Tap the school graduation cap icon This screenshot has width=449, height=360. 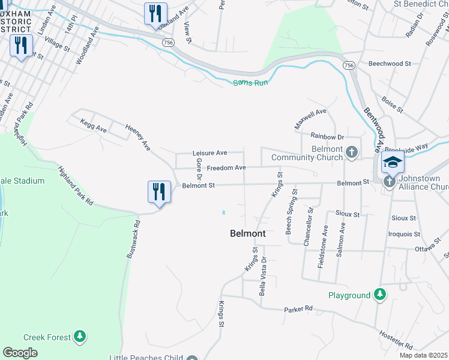click(x=393, y=163)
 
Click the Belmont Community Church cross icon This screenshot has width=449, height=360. click(x=352, y=153)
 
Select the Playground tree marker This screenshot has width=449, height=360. click(x=379, y=295)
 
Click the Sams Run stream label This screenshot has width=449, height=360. click(x=250, y=82)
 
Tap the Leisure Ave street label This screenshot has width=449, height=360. click(x=209, y=154)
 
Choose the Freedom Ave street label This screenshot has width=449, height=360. click(x=226, y=168)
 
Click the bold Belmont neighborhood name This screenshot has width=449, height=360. click(x=247, y=234)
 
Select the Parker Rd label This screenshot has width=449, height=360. click(x=299, y=309)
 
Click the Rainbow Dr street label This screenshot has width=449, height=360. click(x=327, y=137)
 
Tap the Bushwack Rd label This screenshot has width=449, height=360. click(x=133, y=239)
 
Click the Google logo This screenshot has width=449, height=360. click(x=20, y=353)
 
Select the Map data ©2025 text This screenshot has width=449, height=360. click(x=423, y=355)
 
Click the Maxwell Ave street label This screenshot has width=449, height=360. click(x=310, y=119)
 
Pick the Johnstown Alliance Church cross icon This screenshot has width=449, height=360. click(x=390, y=181)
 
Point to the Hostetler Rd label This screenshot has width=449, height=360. click(x=397, y=340)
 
